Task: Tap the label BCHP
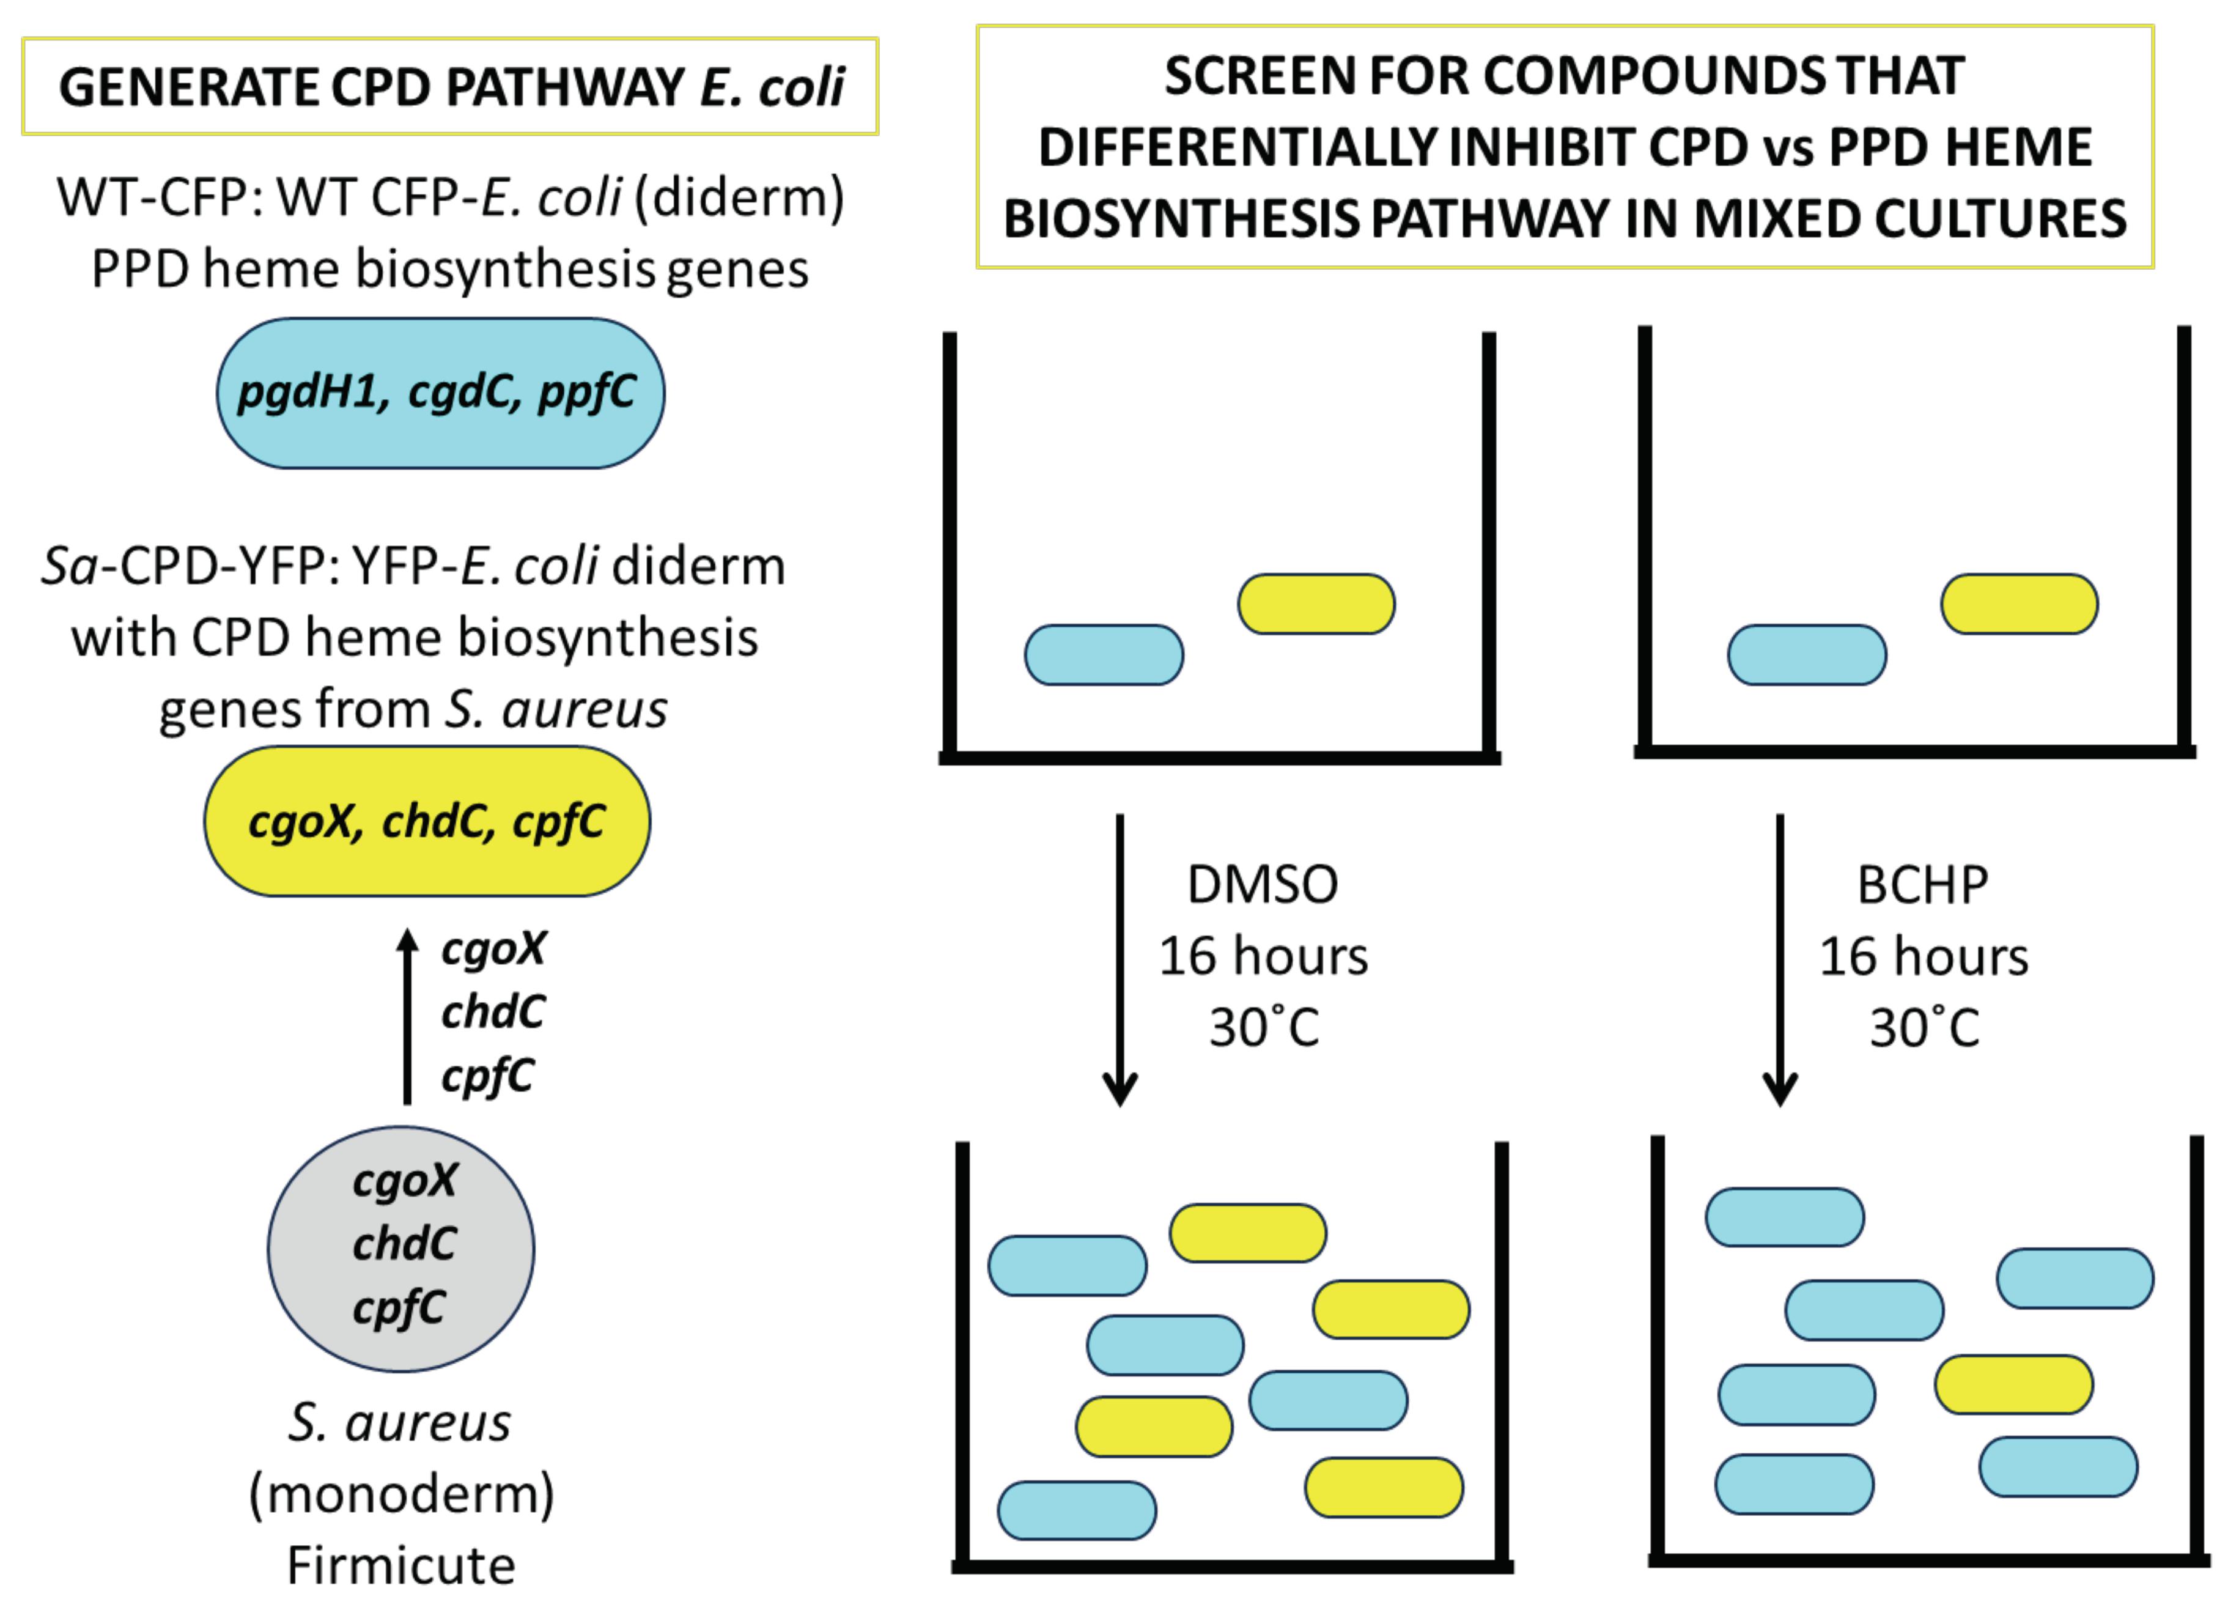(1922, 884)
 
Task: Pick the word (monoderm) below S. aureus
(401, 1493)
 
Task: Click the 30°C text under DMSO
(1263, 1027)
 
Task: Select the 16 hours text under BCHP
(1922, 956)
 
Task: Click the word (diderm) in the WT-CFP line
(739, 198)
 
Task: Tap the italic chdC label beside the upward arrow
(492, 1011)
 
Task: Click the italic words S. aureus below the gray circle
(399, 1422)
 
